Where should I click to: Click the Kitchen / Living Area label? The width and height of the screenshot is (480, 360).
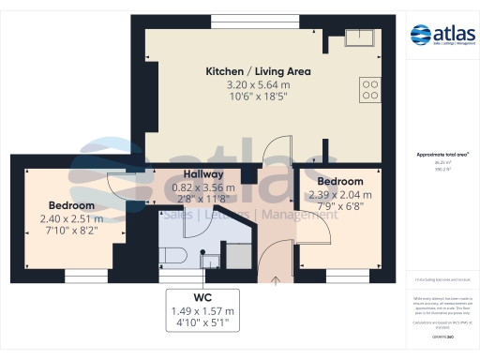(x=258, y=71)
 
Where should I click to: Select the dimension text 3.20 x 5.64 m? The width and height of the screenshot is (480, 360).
(x=258, y=85)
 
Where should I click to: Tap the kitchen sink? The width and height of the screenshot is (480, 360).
(x=360, y=38)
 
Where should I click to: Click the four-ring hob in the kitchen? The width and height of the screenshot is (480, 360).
(x=369, y=89)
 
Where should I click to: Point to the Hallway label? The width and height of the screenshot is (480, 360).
(x=202, y=174)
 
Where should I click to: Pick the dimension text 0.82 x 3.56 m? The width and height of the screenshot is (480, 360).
(x=202, y=187)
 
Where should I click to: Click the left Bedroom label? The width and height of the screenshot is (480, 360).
(x=71, y=205)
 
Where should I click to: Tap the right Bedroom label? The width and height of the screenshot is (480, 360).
(x=339, y=181)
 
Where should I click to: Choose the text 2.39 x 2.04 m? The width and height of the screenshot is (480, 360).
(x=339, y=194)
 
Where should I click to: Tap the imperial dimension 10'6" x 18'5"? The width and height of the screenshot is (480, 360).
(x=258, y=98)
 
